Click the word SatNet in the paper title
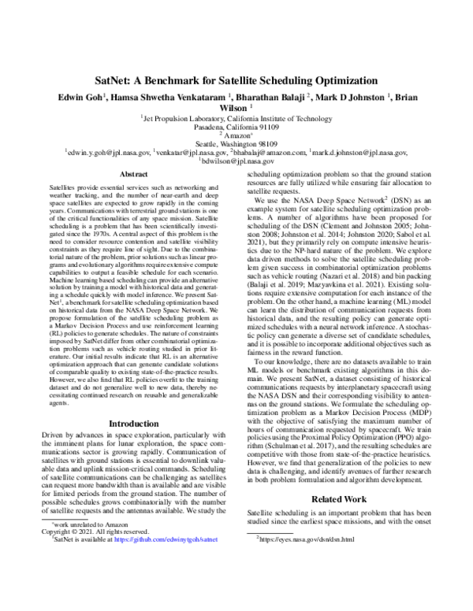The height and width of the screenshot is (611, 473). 115,81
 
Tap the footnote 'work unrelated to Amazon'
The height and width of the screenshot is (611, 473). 83,568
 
